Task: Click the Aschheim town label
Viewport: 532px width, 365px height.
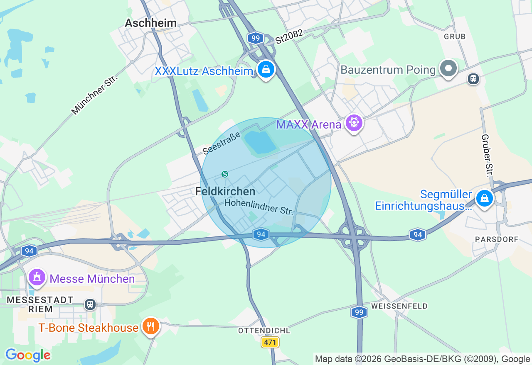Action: tap(151, 23)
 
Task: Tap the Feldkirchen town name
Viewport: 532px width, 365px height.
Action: tap(225, 191)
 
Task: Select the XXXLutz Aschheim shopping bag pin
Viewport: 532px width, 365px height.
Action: tap(266, 70)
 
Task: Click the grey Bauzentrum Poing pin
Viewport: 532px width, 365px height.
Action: tap(448, 68)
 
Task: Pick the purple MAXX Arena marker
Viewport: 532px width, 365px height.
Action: tap(354, 123)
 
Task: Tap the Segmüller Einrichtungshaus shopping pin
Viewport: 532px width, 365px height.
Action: tap(484, 198)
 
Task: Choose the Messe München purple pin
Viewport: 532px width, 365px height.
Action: tap(37, 277)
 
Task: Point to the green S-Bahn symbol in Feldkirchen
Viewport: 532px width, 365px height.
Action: tap(225, 174)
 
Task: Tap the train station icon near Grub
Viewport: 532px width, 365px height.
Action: tap(473, 78)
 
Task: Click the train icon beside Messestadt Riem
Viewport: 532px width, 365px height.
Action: tap(90, 304)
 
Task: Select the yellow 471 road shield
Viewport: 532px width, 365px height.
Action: tap(270, 342)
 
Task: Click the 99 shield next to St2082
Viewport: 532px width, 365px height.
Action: tap(256, 39)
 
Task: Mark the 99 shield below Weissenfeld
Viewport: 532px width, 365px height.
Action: tap(359, 312)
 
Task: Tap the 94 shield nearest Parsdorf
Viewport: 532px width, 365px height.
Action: tap(417, 235)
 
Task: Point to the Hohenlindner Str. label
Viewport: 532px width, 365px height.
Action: tap(259, 207)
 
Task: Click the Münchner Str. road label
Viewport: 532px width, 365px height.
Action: tap(94, 95)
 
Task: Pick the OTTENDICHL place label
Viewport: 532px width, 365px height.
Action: tap(264, 331)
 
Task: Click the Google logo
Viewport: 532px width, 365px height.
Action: tap(28, 355)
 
